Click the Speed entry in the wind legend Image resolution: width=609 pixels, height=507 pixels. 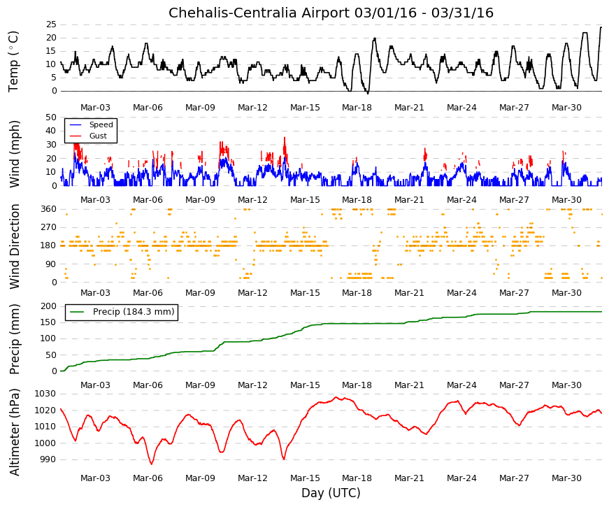coord(101,124)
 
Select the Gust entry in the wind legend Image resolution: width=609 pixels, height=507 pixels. coord(98,136)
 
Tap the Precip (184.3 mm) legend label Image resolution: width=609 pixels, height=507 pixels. coord(134,312)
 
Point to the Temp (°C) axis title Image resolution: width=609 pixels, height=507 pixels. coord(13,62)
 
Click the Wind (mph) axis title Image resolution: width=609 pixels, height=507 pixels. coord(14,155)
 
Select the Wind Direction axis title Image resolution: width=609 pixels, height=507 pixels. coord(14,247)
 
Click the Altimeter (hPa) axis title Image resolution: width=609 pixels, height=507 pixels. coord(14,432)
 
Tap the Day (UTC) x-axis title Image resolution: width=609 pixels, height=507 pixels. coord(331,493)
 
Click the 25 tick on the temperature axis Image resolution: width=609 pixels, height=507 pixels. coord(51,24)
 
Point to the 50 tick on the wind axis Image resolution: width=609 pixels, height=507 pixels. coord(51,117)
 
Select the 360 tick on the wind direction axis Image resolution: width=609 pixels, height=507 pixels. coord(48,209)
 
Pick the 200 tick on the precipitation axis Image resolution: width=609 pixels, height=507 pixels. coord(48,306)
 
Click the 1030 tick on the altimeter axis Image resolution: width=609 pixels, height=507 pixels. coord(45,394)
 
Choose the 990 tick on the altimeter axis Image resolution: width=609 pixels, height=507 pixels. coord(48,459)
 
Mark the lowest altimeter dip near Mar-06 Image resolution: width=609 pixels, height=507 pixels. coord(152,464)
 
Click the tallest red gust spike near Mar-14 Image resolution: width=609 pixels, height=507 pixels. coord(285,138)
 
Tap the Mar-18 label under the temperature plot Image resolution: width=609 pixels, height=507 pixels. coord(357,108)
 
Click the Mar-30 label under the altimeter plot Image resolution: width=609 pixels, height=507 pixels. coord(566,478)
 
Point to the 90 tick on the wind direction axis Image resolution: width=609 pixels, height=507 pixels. coord(51,264)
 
